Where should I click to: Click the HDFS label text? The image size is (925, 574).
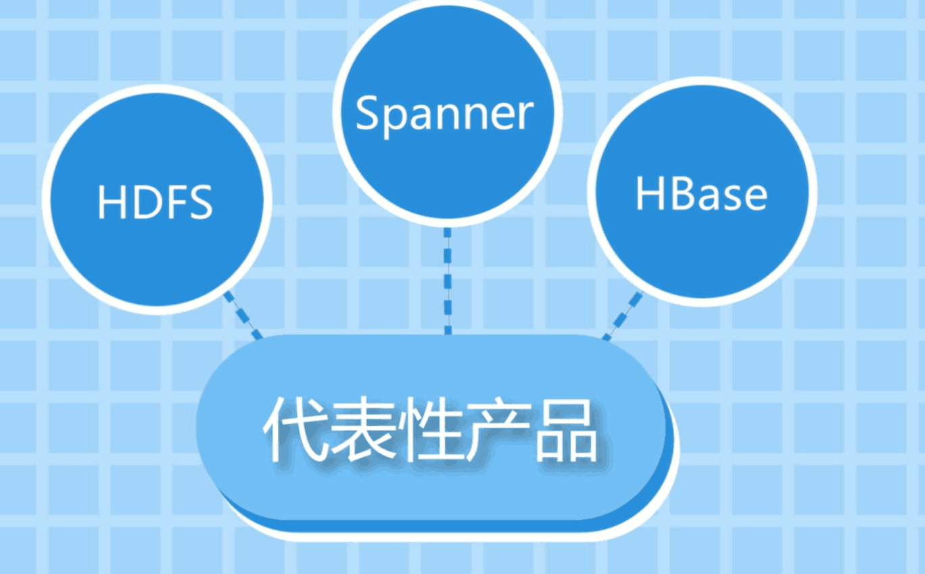click(x=155, y=201)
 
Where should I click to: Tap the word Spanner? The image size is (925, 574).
click(x=444, y=114)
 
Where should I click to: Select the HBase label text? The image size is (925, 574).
click(x=701, y=194)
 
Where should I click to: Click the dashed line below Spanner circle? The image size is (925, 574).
click(x=448, y=281)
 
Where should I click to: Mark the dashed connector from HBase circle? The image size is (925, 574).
click(x=623, y=315)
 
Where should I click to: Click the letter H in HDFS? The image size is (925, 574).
click(x=112, y=201)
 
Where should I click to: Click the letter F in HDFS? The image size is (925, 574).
click(x=172, y=201)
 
